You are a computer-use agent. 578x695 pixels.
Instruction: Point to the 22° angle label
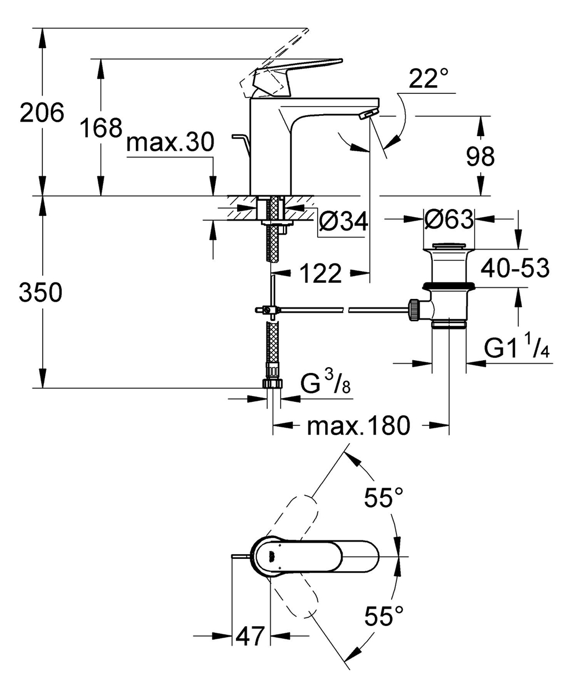[429, 80]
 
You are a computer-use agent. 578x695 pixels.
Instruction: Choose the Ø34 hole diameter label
[344, 221]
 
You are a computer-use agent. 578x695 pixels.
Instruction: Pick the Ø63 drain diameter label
[449, 220]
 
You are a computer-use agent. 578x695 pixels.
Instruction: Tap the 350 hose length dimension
[41, 293]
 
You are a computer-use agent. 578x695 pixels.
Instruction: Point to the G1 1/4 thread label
[516, 349]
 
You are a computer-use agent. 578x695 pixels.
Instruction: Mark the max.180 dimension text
[358, 426]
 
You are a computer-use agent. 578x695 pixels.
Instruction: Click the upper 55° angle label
[384, 497]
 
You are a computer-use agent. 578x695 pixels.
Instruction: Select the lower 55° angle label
[384, 616]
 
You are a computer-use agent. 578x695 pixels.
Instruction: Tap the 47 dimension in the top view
[251, 636]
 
